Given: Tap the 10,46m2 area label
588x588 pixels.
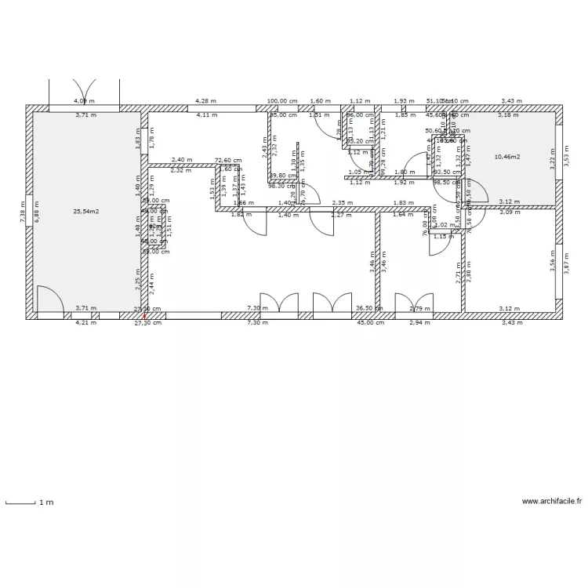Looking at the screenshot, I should [x=507, y=157].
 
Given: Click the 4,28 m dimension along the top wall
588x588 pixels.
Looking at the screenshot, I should [x=205, y=101].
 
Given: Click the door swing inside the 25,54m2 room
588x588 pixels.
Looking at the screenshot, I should [x=51, y=298].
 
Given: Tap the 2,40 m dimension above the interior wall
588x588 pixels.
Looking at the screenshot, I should [x=181, y=160].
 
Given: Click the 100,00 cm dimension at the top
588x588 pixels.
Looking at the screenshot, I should [x=282, y=101].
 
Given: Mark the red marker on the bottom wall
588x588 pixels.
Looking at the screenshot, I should [x=143, y=317].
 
